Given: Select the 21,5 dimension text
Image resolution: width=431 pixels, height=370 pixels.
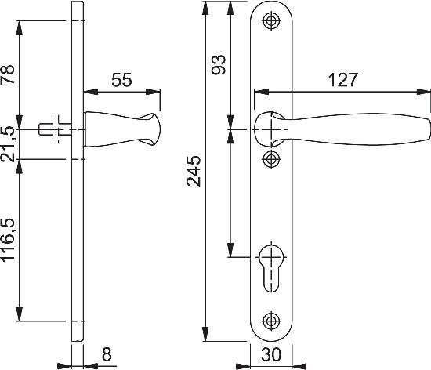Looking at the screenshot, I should [x=9, y=143].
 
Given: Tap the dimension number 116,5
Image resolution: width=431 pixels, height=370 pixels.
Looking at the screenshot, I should [x=9, y=241].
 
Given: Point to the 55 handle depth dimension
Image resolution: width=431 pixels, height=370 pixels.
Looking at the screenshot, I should [x=121, y=80].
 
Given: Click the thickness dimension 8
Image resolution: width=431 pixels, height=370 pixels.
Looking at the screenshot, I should [x=107, y=354].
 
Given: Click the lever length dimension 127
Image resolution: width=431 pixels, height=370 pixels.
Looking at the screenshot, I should [x=342, y=80].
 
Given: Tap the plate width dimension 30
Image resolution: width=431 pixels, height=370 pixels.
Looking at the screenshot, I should [x=271, y=355].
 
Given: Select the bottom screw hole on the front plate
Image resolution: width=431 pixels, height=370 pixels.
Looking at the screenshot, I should [x=272, y=320].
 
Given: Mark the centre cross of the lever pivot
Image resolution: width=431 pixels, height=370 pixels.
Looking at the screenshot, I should [x=272, y=128].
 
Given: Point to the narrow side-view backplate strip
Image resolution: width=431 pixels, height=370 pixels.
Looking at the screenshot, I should [x=76, y=235].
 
